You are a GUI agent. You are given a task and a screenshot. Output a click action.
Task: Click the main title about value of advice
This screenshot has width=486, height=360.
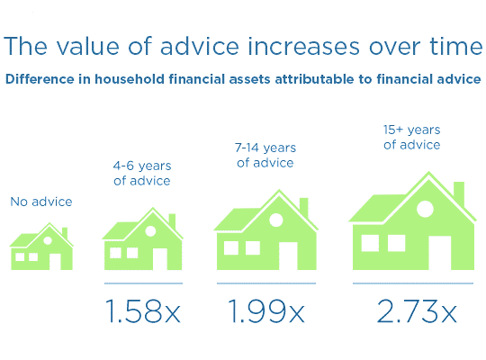[243, 48]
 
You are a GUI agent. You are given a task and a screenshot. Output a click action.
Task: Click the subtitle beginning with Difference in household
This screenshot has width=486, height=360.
[243, 79]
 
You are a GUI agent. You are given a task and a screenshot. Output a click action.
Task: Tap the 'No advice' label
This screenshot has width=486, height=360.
[40, 202]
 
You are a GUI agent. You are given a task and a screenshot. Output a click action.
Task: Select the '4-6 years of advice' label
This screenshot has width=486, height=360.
[142, 173]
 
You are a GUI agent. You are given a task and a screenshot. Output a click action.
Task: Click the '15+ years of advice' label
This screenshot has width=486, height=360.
[411, 137]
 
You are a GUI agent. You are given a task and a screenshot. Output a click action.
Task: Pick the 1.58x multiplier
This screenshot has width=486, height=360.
[142, 311]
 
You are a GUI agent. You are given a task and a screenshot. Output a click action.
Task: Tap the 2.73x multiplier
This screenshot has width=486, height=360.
[417, 311]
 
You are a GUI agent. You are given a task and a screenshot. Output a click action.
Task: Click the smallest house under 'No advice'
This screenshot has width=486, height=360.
[40, 249]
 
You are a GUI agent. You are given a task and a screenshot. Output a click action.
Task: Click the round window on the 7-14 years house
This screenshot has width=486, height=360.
[276, 220]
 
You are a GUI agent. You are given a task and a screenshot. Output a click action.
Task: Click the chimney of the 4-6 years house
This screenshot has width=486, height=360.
[172, 220]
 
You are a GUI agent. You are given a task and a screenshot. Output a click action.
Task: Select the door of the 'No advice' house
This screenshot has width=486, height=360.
[55, 261]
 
